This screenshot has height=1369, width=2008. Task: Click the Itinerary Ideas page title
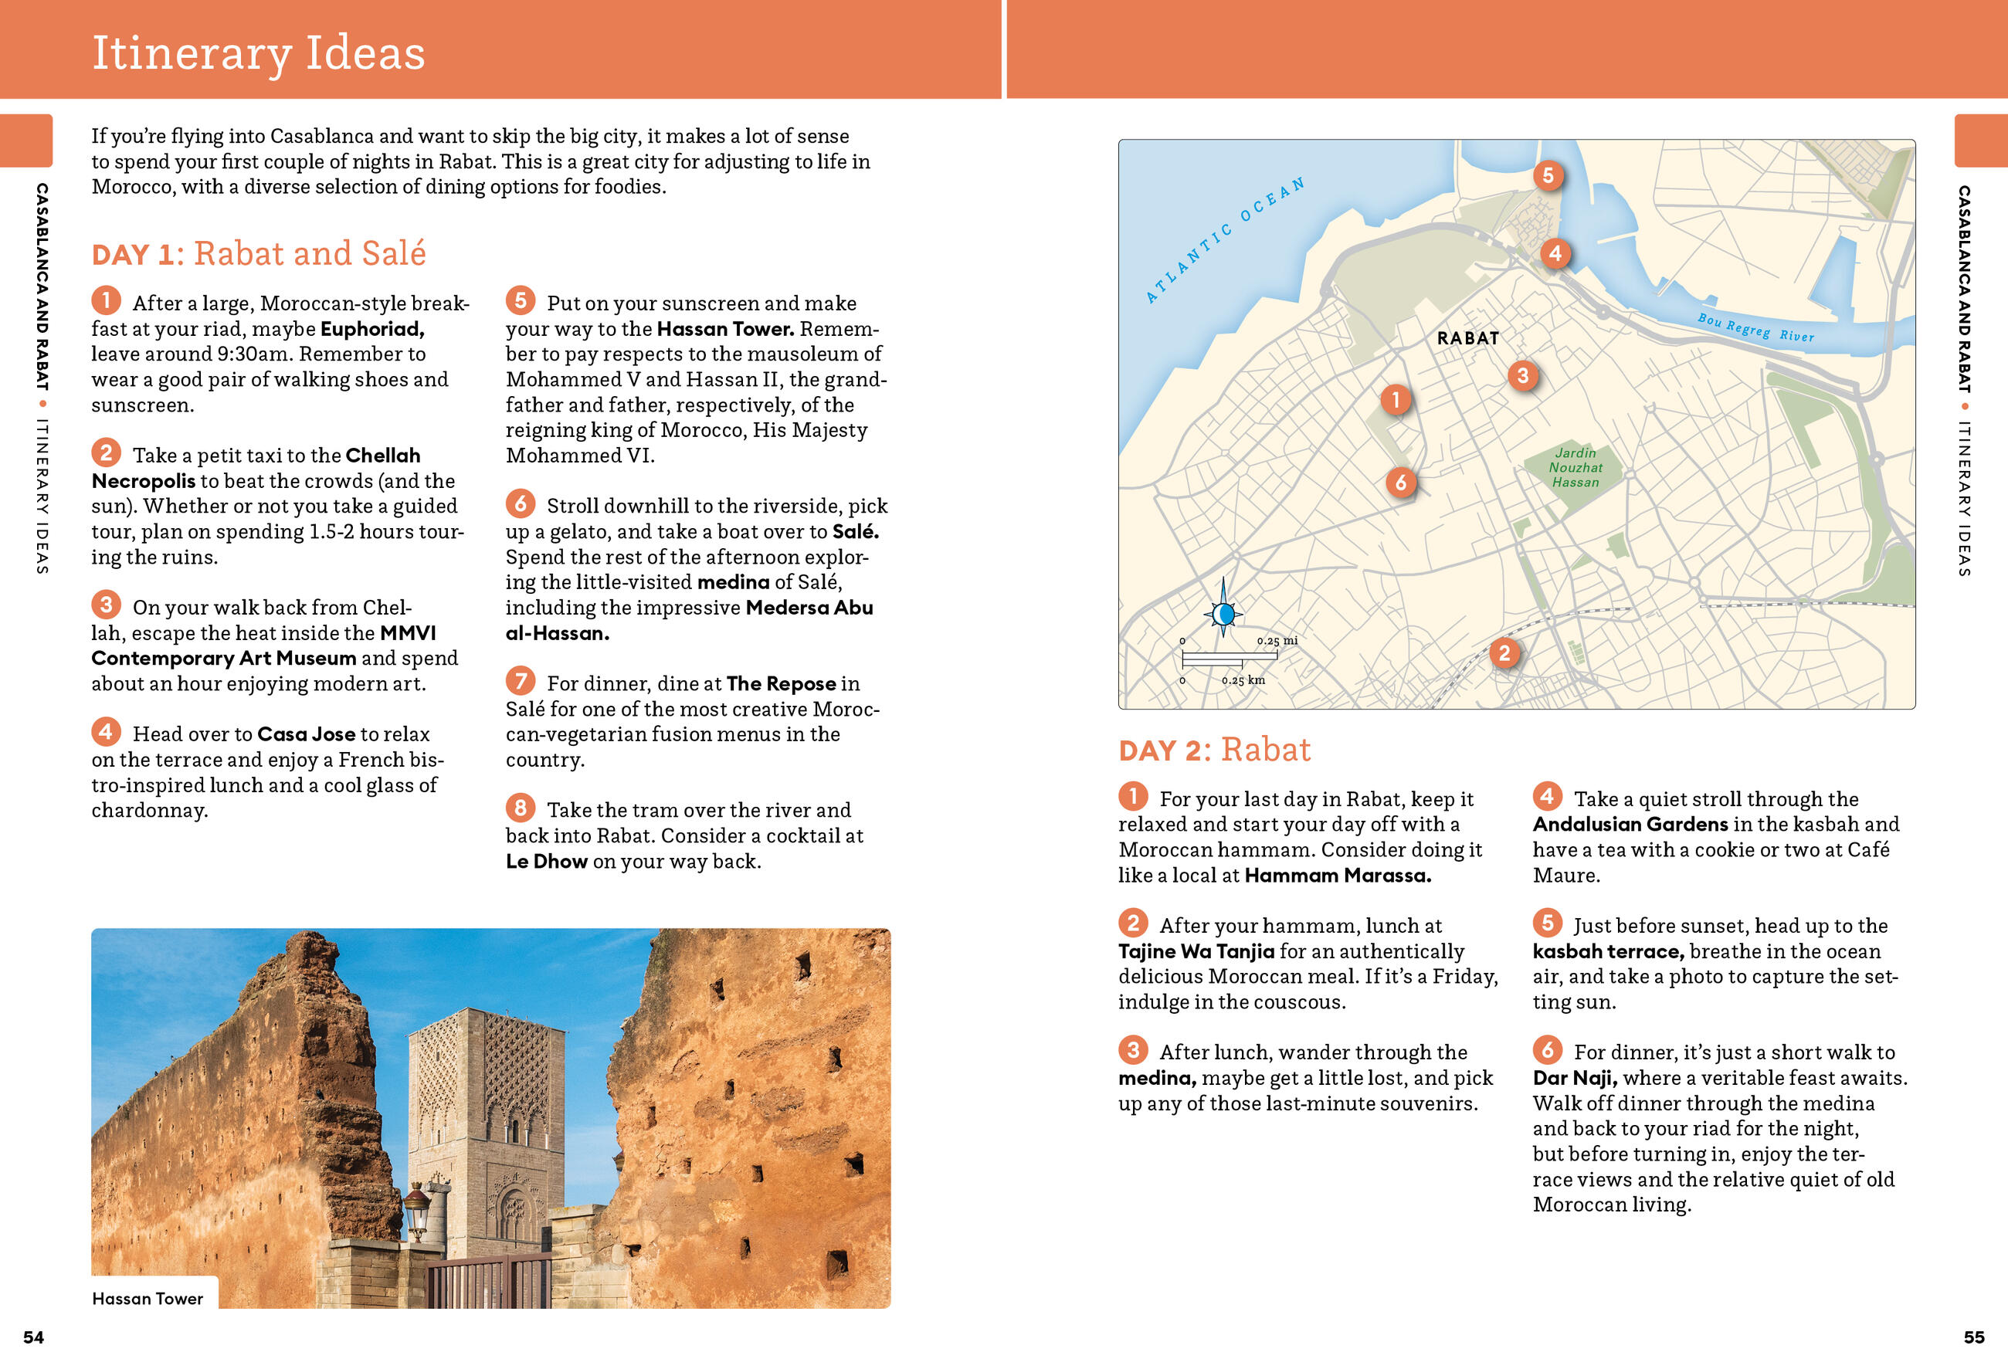point(259,53)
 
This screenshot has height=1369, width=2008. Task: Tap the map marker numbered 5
point(1548,176)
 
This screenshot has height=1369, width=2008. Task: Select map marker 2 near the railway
point(1504,653)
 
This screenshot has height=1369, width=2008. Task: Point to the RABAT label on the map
point(1467,338)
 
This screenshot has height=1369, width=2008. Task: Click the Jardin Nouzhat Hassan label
point(1576,467)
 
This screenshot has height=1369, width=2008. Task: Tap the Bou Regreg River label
point(1755,328)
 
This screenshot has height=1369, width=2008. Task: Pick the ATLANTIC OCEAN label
point(1224,240)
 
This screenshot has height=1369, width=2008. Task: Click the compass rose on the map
point(1223,614)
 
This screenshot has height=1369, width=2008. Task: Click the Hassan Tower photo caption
point(148,1298)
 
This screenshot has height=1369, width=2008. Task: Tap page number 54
point(34,1337)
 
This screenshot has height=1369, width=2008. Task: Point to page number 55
point(1973,1337)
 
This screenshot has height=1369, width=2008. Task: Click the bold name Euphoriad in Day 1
point(371,329)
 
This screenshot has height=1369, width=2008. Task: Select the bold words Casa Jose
point(306,734)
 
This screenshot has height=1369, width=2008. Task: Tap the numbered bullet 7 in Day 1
point(520,682)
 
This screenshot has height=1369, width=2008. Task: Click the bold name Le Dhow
point(546,861)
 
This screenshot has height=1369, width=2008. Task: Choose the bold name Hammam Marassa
point(1337,876)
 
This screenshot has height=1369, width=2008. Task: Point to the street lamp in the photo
point(417,1203)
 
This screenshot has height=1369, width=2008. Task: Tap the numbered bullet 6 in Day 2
point(1547,1050)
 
